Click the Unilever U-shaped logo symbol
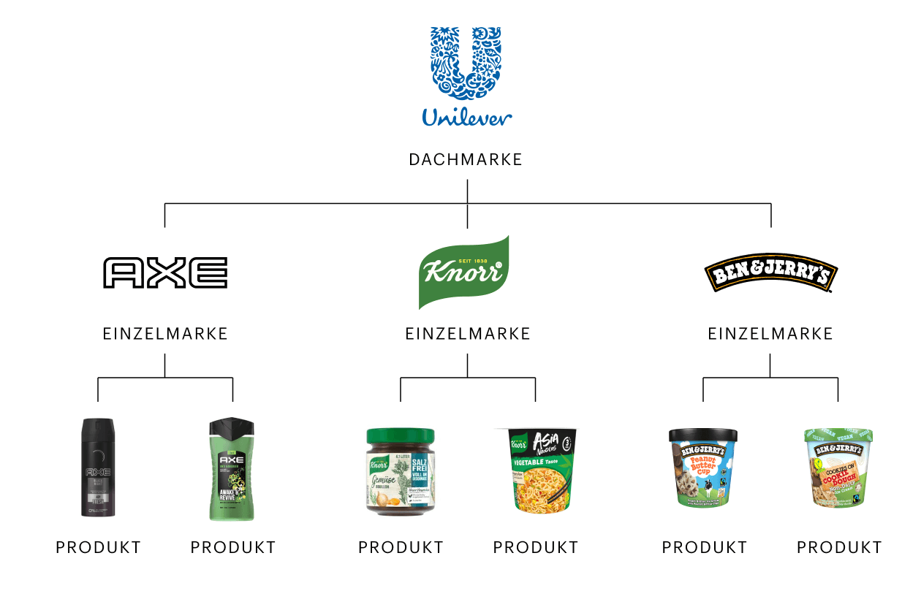(466, 63)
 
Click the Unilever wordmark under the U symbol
(466, 117)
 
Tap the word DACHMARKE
(466, 159)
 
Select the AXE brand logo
(165, 272)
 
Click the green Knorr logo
(463, 272)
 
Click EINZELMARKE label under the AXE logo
(165, 334)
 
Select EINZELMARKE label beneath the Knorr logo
(468, 334)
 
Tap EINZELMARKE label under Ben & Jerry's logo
(770, 334)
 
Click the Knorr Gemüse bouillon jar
(401, 471)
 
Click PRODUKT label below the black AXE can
(98, 547)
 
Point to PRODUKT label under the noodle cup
(536, 547)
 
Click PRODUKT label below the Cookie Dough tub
(839, 547)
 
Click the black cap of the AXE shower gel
(232, 425)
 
